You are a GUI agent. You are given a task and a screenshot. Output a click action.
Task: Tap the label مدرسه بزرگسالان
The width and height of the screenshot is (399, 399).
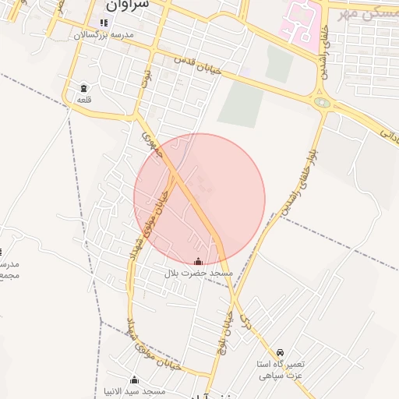104,36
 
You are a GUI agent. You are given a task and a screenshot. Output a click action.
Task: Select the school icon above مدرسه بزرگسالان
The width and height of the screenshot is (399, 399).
104,23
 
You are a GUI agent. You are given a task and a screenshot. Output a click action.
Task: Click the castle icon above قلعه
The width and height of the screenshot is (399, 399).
83,87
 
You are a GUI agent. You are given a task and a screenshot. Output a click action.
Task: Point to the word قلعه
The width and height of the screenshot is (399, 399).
83,99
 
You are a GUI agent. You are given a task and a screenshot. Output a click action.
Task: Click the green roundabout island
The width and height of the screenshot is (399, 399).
321,101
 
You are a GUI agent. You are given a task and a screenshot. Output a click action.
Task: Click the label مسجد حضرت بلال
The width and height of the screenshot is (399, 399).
199,274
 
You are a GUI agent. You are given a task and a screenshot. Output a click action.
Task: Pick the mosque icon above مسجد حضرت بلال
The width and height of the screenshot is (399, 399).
198,262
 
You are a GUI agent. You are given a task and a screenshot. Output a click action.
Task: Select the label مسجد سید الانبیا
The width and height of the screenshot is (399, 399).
133,392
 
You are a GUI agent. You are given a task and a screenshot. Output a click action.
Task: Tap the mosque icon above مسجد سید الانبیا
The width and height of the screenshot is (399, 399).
134,380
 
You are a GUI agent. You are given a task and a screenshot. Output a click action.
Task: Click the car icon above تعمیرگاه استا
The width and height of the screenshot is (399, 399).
280,352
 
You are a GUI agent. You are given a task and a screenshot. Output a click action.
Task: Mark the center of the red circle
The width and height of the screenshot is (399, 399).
199,199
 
